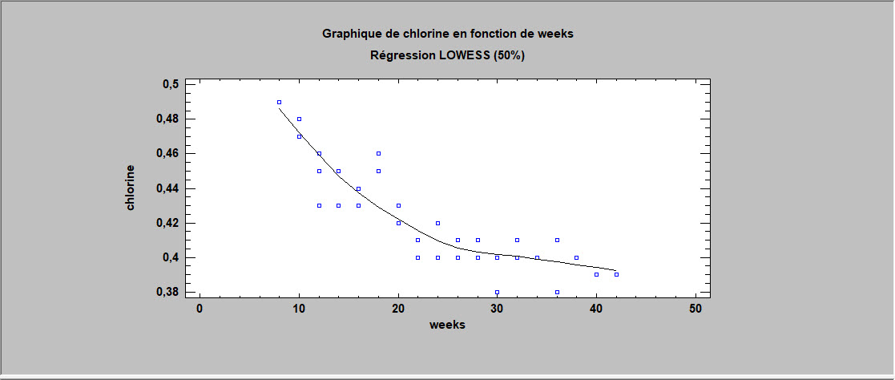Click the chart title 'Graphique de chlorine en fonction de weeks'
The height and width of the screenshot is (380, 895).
pos(447,34)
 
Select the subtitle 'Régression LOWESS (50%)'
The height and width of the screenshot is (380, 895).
pos(447,55)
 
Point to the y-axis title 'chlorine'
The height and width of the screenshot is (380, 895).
pos(131,188)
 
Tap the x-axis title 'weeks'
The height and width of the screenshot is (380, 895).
pos(447,325)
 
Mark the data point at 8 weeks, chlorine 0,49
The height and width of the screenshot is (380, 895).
pos(279,102)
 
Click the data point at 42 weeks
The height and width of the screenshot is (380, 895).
pos(616,274)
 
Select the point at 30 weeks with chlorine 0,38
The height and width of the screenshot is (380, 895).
pos(497,292)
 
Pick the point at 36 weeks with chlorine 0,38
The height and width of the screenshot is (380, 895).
pos(557,292)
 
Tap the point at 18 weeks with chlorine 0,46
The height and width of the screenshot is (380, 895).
pos(378,153)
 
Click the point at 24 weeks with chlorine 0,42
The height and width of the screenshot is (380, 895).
pos(437,223)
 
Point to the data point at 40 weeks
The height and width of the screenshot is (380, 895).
pos(596,274)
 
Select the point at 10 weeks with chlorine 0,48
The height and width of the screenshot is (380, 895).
pos(299,119)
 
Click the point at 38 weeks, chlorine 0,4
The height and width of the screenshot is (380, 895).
pos(576,257)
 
